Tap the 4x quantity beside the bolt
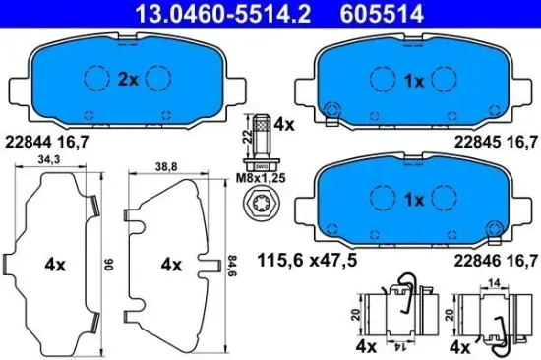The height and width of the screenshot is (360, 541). pyautogui.click(x=283, y=126)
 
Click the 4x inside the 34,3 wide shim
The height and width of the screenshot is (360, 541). pyautogui.click(x=54, y=265)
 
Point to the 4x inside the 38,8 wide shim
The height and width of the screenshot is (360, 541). pyautogui.click(x=172, y=265)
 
